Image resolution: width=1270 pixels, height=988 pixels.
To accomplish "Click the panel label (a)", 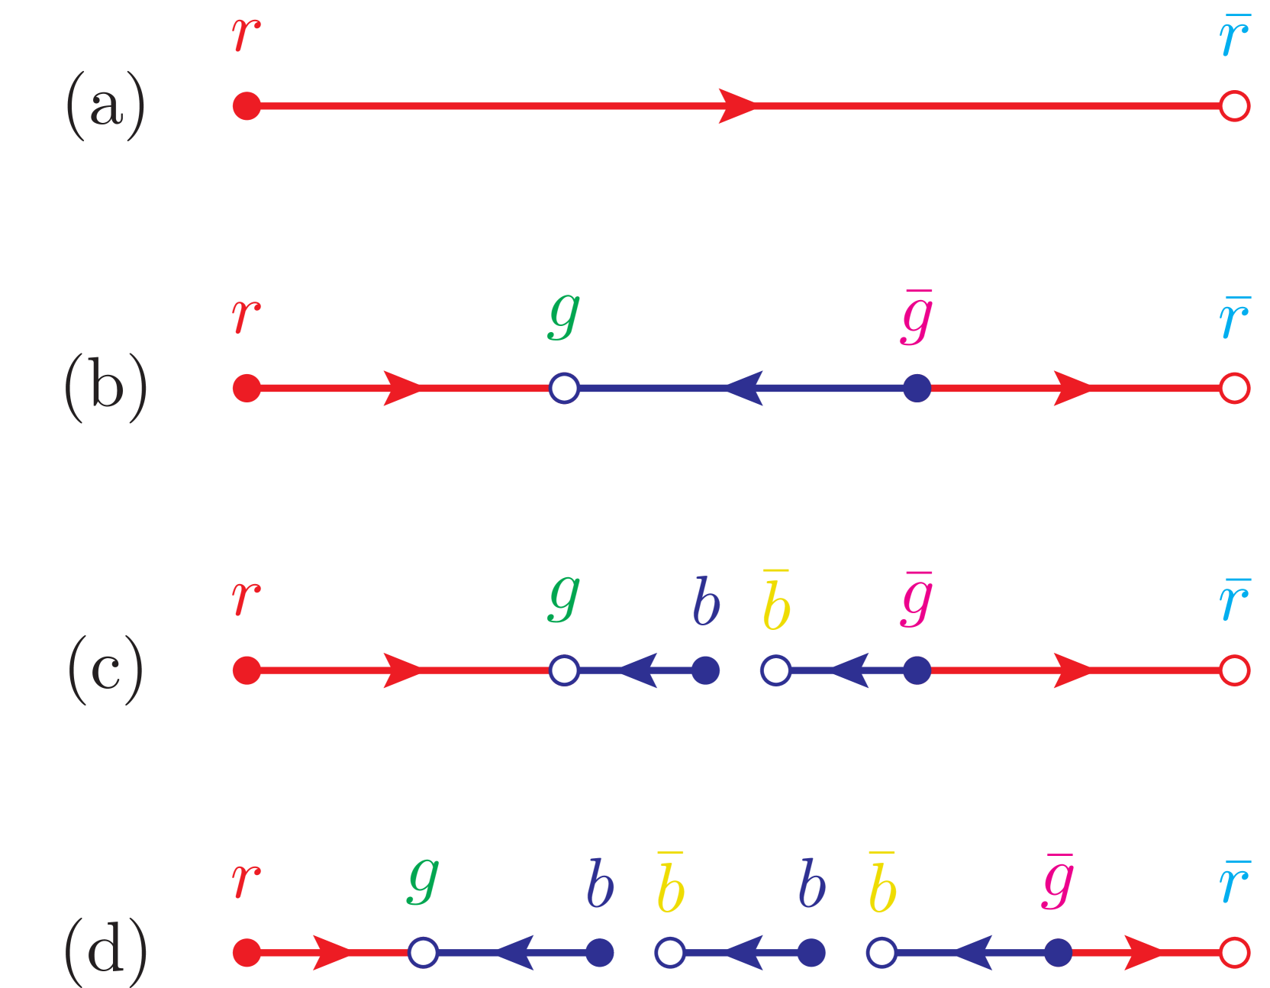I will coord(105,105).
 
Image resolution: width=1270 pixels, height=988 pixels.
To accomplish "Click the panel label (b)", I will coord(105,388).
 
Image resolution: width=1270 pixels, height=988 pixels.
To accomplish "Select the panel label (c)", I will coord(105,670).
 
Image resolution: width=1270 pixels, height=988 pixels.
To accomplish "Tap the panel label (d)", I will coord(105,952).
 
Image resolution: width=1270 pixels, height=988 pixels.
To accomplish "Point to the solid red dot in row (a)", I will coord(247,105).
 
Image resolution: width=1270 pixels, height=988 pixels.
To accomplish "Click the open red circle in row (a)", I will coord(1234,105).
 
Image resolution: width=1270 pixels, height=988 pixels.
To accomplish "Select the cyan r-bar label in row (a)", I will coord(1234,36).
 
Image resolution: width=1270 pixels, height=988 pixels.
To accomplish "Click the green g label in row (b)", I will coord(564,315).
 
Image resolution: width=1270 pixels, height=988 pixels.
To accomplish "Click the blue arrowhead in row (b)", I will coord(744,388).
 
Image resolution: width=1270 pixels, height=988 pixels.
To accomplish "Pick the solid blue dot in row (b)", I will coord(917,388).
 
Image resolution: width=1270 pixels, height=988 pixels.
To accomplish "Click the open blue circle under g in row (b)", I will coord(564,388).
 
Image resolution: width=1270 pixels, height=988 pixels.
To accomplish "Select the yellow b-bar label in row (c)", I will coord(776,602).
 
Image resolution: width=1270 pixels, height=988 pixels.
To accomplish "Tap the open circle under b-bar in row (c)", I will coord(776,670).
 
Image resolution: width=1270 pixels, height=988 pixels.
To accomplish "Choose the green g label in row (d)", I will coord(424,880).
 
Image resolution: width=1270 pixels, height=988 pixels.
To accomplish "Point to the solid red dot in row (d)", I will coord(247,952).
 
